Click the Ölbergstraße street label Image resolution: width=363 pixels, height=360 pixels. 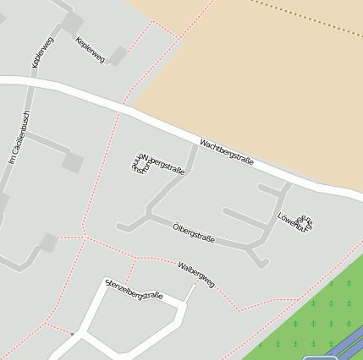pos(194,233)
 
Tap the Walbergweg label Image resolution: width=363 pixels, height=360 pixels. pos(196,274)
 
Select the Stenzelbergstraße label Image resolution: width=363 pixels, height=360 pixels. pos(134,290)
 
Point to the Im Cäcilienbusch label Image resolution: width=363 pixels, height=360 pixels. pos(19,137)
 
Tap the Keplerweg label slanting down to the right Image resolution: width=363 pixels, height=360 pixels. pos(90,50)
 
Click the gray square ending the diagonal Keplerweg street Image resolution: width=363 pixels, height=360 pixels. pos(118,56)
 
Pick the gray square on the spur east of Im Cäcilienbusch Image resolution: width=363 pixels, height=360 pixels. pos(74,162)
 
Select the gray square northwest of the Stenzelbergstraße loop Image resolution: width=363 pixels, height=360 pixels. pos(48,243)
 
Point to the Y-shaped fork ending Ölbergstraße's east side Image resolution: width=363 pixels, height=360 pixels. pos(258,256)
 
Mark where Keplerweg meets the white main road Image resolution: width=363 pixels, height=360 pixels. pos(32,82)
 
